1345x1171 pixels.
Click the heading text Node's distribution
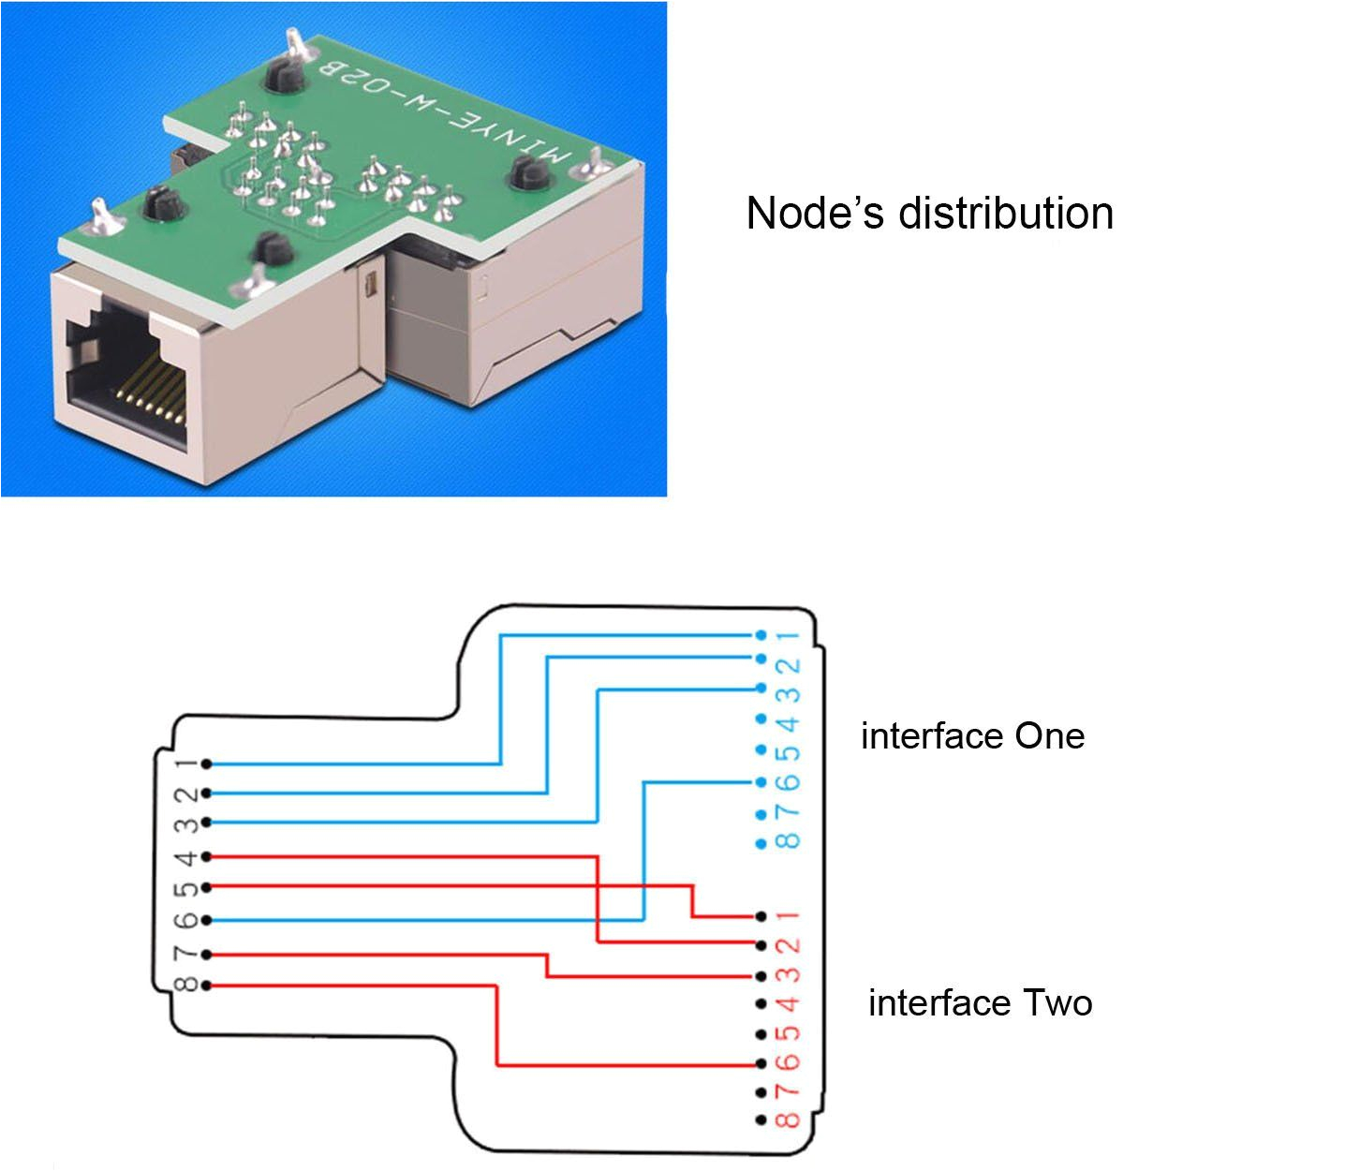929,214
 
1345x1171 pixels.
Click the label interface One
972,736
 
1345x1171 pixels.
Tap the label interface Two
980,1003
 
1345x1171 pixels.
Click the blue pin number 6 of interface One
791,781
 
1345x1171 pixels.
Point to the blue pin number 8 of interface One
791,840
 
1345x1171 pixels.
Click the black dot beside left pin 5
206,887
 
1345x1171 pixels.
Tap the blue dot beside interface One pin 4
761,719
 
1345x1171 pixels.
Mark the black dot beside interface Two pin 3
761,976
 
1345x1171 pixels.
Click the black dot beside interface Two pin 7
761,1092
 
